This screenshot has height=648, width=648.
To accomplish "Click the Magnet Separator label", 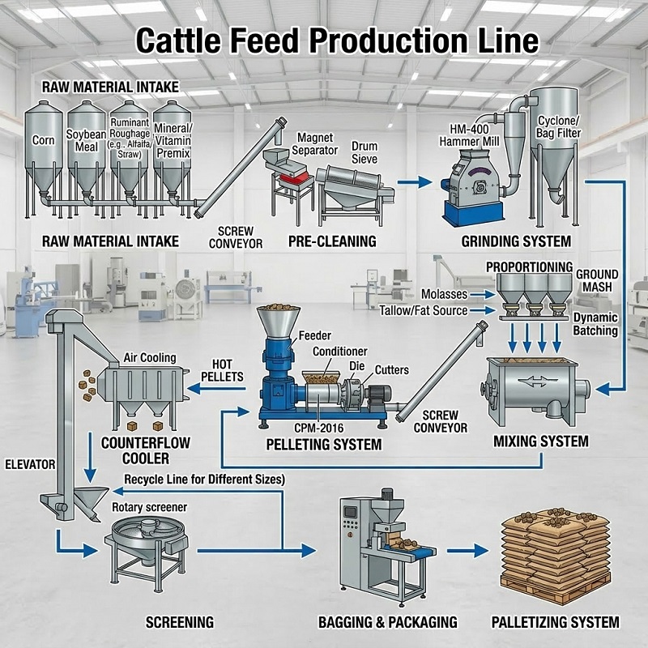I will coord(292,144).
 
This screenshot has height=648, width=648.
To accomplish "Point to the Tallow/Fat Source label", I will coord(423,310).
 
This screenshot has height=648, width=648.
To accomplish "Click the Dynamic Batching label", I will coord(595,324).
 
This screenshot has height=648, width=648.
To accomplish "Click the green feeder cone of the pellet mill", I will coord(275,323).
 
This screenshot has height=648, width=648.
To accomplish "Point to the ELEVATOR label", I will coord(29,465).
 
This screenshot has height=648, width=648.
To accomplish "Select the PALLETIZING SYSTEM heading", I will coord(556,623).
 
